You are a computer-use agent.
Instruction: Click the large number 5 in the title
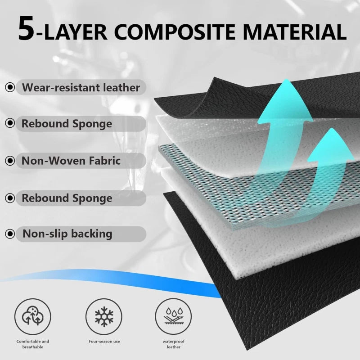coord(27,29)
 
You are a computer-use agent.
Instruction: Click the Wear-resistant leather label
coord(81,87)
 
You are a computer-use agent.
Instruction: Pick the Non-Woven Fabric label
coord(71,161)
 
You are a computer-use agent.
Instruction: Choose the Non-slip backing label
coord(67,234)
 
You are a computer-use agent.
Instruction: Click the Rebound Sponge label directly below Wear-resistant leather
coord(67,124)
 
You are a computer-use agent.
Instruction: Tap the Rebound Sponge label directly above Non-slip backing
coord(67,198)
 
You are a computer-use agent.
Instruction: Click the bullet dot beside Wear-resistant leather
coord(9,87)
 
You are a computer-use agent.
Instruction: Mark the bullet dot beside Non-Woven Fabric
coord(9,161)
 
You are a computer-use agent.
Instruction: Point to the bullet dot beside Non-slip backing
coord(9,234)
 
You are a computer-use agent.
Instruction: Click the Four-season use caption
coord(104,342)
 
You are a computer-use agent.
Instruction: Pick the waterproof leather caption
coord(173,345)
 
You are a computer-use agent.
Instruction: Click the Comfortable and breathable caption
coord(33,345)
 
